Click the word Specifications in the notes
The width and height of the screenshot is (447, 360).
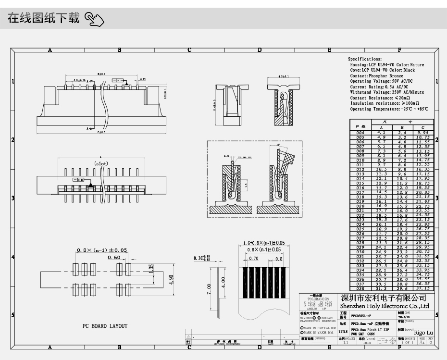[x=365, y=59]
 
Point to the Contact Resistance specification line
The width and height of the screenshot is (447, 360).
[x=385, y=98]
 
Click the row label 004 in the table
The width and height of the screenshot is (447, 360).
[x=360, y=132]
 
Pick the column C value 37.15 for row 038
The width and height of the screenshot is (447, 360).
[x=422, y=288]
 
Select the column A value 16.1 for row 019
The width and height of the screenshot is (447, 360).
[x=381, y=201]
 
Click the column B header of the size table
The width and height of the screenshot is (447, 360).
[x=402, y=127]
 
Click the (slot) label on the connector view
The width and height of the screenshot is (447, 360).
[x=101, y=163]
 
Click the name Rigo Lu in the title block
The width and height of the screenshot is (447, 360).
[x=423, y=333]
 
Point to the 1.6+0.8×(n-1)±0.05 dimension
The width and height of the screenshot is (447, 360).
[x=263, y=243]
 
